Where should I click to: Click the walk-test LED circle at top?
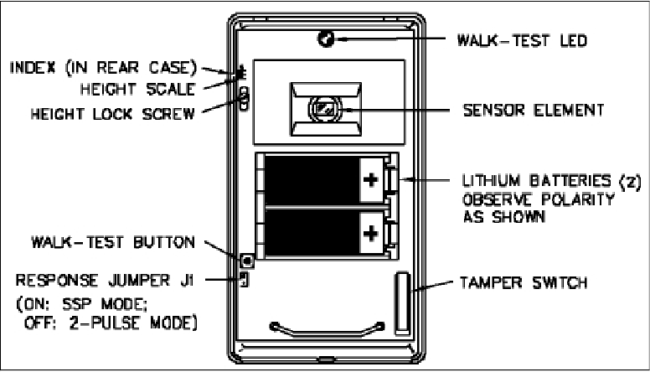[326, 39]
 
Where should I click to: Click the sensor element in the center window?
[325, 109]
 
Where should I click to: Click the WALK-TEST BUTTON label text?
[109, 242]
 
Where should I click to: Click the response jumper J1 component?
[244, 277]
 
